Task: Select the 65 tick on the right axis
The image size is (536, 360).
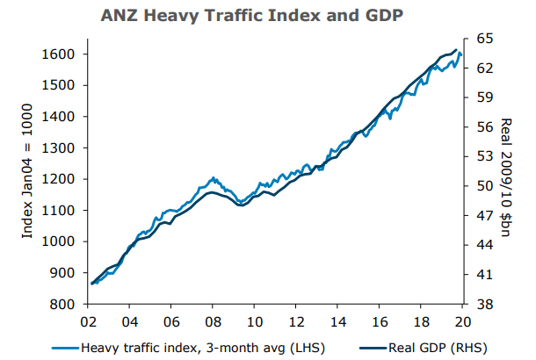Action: (x=485, y=39)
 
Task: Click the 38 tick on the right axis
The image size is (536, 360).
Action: (x=485, y=305)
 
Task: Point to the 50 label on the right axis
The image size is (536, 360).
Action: (x=485, y=186)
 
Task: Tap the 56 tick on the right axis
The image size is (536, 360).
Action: (x=485, y=127)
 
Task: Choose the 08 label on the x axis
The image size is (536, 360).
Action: (x=212, y=320)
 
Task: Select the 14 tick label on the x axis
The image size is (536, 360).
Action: (x=337, y=320)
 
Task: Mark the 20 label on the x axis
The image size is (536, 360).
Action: (x=461, y=320)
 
